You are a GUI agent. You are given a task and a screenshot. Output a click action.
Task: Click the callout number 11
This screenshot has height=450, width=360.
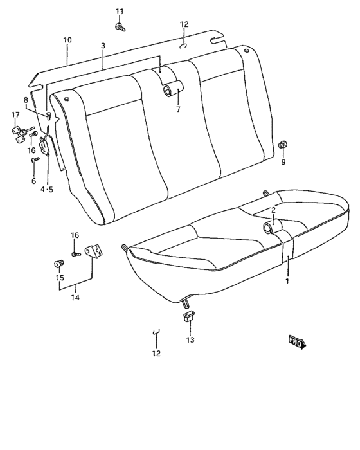coord(119,12)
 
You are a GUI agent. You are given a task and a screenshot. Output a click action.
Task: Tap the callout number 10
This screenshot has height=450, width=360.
coord(67,40)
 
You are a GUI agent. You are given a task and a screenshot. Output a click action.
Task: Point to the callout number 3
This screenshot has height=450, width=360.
coord(103,46)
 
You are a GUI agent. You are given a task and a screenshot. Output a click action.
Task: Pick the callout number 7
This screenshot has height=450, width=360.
coord(178,109)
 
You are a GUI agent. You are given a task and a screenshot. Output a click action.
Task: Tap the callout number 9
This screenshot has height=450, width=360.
coord(282,162)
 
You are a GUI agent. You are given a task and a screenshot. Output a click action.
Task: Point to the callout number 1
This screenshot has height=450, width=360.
coord(287,281)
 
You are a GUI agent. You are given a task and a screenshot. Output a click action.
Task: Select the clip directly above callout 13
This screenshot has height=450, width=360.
coord(190,315)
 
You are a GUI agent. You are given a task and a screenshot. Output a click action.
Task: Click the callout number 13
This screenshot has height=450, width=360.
coord(190,339)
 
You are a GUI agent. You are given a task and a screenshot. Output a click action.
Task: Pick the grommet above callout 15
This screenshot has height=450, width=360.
coord(59,263)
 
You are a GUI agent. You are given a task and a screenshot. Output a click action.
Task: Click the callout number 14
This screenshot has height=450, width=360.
coord(75,298)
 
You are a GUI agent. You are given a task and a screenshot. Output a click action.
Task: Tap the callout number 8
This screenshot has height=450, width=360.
coord(26,100)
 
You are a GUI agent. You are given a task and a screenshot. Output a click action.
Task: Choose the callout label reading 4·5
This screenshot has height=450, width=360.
coord(47,189)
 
